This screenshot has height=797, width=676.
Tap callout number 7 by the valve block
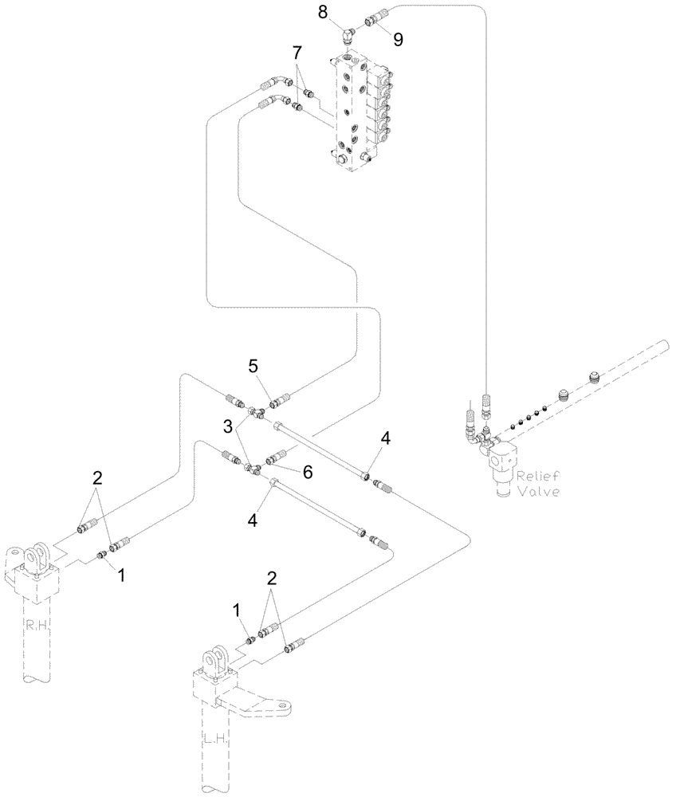[x=297, y=53]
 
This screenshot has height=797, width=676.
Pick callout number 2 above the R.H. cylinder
[x=96, y=479]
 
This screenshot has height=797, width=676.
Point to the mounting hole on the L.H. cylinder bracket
[x=279, y=705]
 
